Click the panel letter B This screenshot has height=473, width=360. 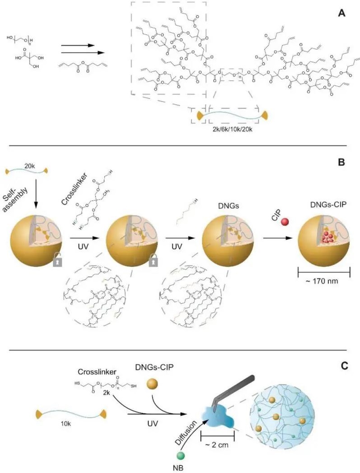[x=342, y=159]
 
